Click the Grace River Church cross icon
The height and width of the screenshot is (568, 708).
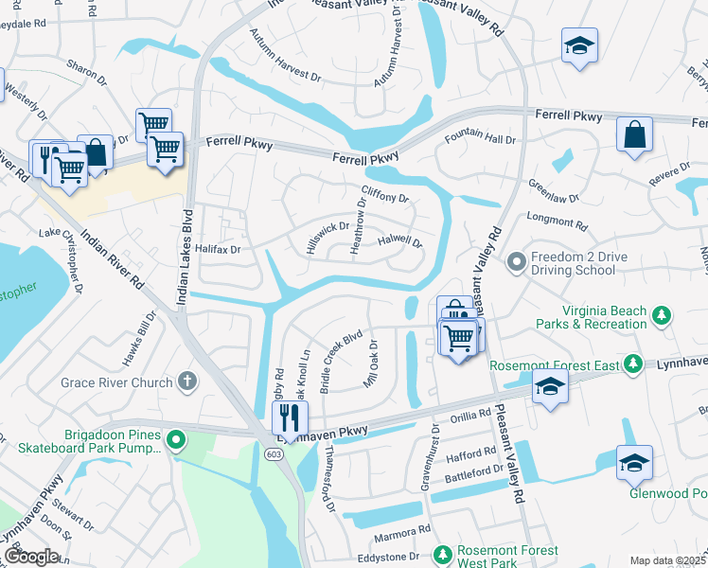[x=187, y=382]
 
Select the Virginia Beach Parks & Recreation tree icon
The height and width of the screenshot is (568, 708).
[x=663, y=315]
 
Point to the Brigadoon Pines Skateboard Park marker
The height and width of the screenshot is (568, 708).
[x=175, y=440]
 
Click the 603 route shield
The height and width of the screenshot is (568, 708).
[x=274, y=454]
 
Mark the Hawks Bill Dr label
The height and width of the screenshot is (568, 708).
[x=136, y=339]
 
